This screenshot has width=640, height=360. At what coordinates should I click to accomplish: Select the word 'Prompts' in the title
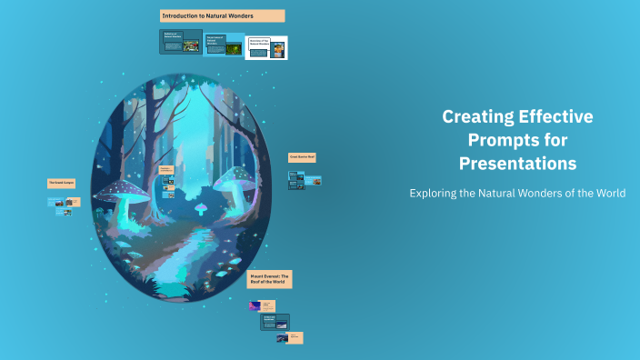click(499, 140)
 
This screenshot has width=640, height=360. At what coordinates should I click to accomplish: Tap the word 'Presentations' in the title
click(517, 164)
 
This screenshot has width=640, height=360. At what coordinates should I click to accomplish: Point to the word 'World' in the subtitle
click(607, 194)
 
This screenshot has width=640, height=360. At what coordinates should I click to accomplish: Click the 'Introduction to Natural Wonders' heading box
click(222, 15)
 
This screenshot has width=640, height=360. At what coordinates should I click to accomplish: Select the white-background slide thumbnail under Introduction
click(266, 47)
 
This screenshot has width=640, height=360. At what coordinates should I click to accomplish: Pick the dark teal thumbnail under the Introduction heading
click(180, 43)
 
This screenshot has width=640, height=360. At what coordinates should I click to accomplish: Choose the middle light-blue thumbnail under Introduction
click(224, 44)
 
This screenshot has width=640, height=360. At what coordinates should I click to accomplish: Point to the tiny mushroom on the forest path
click(201, 208)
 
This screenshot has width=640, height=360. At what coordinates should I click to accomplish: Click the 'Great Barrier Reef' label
click(302, 157)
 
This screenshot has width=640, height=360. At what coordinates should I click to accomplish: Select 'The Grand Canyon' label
click(61, 183)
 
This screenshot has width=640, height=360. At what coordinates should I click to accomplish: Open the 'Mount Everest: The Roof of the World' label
click(270, 279)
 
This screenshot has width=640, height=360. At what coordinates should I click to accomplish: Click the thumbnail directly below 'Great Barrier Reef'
click(305, 182)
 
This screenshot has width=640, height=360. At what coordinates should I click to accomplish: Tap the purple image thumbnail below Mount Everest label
click(255, 306)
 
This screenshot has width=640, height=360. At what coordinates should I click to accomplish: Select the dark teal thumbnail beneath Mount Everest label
click(275, 321)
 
